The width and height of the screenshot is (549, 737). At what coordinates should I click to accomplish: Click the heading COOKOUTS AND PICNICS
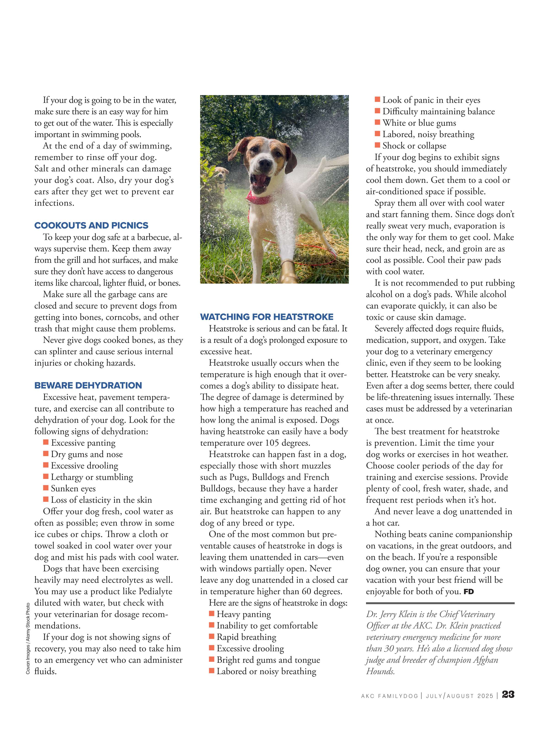91,225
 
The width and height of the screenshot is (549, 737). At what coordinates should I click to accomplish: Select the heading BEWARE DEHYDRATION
88,386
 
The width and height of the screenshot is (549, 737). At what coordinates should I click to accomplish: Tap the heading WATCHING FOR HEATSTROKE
266,317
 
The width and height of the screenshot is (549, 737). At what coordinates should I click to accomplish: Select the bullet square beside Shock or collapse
377,145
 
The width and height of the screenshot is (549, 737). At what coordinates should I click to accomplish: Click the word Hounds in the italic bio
380,671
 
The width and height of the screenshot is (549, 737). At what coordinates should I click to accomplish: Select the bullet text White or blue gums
419,123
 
